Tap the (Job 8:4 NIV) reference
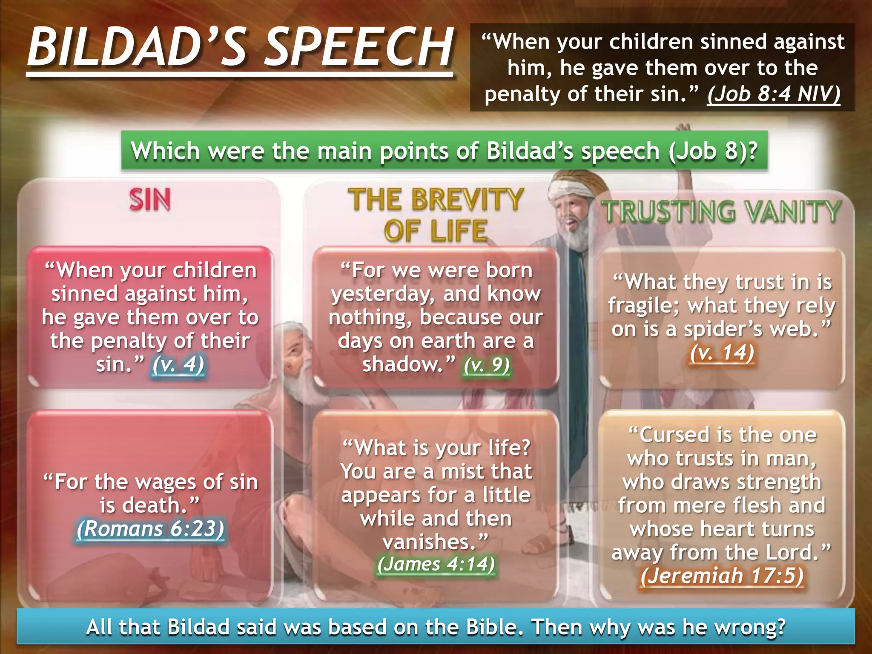click(x=774, y=94)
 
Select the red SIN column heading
click(x=150, y=200)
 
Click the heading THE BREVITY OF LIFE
click(x=436, y=215)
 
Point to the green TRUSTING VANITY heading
click(x=721, y=212)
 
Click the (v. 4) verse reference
click(x=178, y=364)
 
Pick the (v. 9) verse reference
click(x=487, y=365)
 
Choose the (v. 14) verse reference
click(x=722, y=353)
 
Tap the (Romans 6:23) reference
click(x=150, y=529)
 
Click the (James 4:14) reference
click(x=436, y=564)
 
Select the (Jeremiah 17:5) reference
click(x=722, y=576)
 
